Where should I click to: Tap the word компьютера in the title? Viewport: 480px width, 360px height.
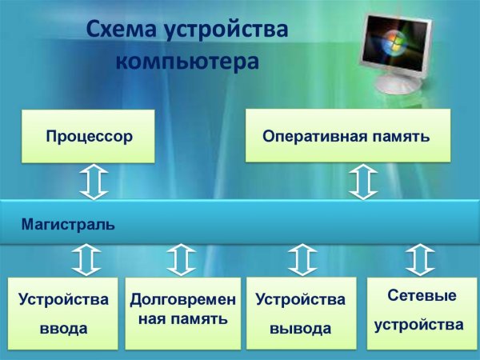(x=187, y=61)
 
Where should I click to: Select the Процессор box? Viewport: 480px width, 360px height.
(x=88, y=136)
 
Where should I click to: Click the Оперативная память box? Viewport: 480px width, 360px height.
(x=347, y=135)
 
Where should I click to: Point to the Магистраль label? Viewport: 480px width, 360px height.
(x=68, y=225)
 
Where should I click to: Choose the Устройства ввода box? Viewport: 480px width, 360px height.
(x=63, y=314)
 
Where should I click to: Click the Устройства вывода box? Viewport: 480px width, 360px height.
(x=301, y=313)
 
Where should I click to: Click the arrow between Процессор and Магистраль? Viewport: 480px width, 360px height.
(x=94, y=182)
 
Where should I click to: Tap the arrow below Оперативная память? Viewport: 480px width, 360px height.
(x=363, y=182)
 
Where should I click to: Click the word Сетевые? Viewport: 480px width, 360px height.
(x=422, y=296)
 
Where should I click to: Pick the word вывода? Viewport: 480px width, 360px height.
(x=300, y=329)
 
